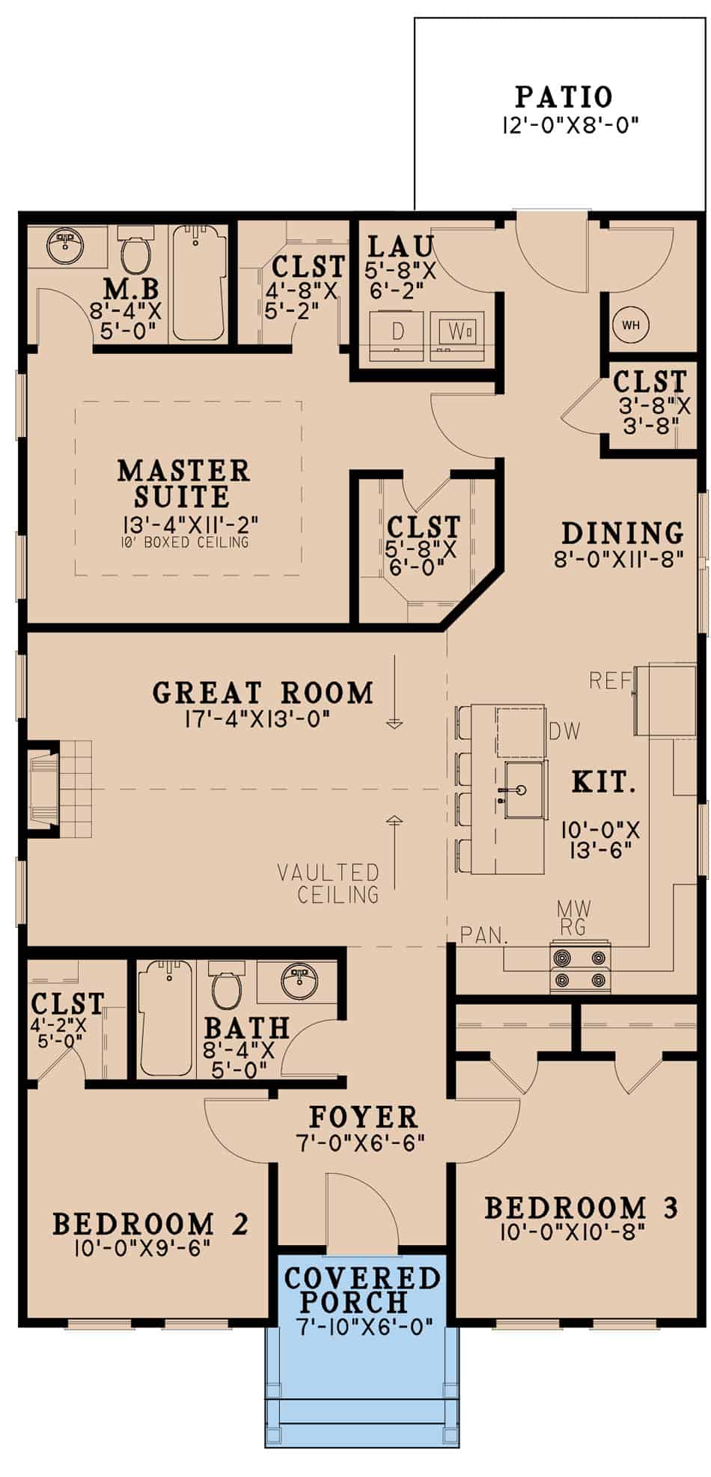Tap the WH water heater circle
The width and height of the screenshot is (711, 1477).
(x=630, y=325)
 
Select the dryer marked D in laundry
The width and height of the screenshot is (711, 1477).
(x=398, y=330)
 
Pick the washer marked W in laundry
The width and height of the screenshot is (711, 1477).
(x=456, y=330)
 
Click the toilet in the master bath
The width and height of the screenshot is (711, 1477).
(x=137, y=254)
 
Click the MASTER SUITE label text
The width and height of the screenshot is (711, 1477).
(x=183, y=483)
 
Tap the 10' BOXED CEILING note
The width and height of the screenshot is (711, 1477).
(x=183, y=542)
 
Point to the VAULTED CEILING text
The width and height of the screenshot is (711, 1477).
(x=328, y=883)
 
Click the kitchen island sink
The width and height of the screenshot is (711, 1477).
(x=522, y=790)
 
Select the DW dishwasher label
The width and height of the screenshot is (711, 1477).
(x=564, y=731)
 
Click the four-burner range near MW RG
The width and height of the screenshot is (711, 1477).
(x=579, y=968)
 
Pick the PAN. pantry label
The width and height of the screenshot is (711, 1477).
(x=484, y=935)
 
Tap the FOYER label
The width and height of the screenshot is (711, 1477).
(x=363, y=1117)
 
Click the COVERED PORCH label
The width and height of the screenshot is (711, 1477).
(x=362, y=1290)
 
